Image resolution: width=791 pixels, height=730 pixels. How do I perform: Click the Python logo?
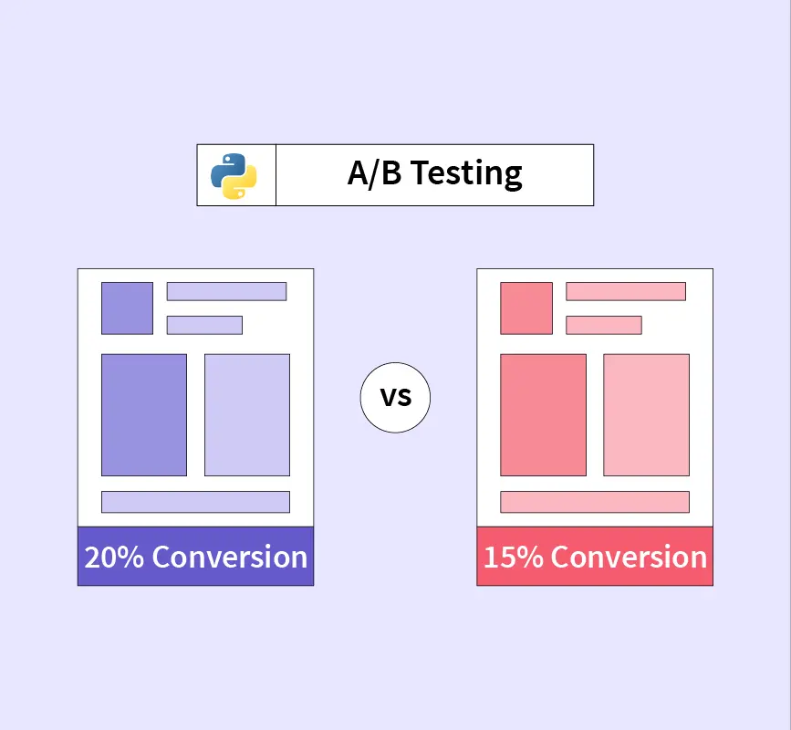point(234,176)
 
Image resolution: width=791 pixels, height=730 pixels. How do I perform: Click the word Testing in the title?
point(466,174)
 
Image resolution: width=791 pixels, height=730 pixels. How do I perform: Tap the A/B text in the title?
point(374,173)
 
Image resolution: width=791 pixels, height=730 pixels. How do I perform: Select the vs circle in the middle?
point(396,398)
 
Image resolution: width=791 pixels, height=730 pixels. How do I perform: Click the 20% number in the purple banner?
point(114,557)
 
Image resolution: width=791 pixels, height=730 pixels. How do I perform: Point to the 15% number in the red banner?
point(513,557)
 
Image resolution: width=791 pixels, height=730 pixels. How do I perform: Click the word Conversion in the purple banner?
point(230,557)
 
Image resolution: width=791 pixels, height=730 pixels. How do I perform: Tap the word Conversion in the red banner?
point(629,557)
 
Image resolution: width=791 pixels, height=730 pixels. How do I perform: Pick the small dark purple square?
point(127,308)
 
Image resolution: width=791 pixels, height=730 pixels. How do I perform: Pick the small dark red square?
point(526,308)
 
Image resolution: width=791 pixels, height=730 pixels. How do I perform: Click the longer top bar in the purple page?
point(226,292)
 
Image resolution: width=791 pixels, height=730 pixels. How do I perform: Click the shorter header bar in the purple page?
point(204,326)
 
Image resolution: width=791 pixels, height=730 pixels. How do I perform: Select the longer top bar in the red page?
point(626,292)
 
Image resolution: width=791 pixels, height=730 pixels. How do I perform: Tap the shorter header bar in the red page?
point(604,326)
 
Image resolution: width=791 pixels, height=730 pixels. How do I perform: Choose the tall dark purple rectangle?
point(144,415)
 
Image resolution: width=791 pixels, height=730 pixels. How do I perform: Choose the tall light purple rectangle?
point(247,415)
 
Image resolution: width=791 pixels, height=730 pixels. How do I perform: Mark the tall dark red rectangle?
point(544,415)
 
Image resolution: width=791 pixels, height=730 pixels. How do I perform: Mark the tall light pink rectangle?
point(646,415)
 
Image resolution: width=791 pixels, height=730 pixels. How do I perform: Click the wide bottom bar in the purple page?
point(196,502)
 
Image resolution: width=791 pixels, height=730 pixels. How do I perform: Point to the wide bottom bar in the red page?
point(595,502)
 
